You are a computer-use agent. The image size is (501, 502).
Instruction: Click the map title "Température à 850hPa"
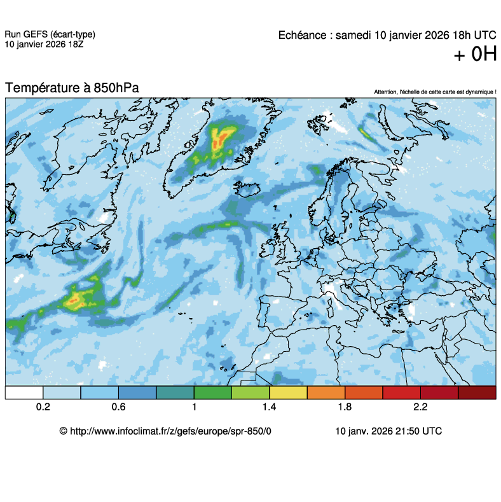pyautogui.click(x=72, y=88)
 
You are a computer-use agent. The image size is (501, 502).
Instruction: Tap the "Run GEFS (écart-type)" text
pyautogui.click(x=50, y=34)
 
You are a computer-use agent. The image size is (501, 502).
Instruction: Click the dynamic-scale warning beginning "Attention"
pyautogui.click(x=435, y=92)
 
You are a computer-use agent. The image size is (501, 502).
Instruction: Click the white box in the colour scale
pyautogui.click(x=24, y=393)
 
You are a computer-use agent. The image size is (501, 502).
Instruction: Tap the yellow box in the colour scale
pyautogui.click(x=288, y=393)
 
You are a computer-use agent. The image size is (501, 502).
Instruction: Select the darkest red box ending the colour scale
pyautogui.click(x=477, y=393)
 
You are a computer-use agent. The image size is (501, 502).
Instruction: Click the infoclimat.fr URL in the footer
pyautogui.click(x=165, y=431)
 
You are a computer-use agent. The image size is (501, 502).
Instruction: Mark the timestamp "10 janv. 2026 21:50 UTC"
pyautogui.click(x=388, y=431)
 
